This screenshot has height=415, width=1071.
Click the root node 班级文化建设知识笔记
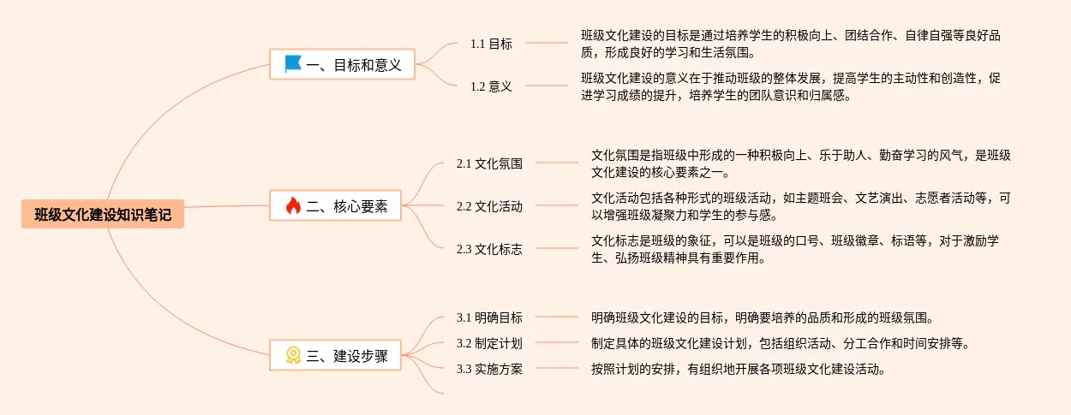pyautogui.click(x=103, y=214)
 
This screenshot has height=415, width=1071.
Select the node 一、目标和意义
pyautogui.click(x=343, y=64)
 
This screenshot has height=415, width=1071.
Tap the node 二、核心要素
pyautogui.click(x=336, y=205)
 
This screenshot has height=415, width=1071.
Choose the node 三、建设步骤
pyautogui.click(x=336, y=355)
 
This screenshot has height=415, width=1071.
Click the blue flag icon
pyautogui.click(x=293, y=64)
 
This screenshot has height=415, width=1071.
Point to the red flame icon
pyautogui.click(x=293, y=205)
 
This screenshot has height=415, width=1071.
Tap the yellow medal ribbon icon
pyautogui.click(x=293, y=355)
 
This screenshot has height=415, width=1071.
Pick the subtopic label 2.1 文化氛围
pyautogui.click(x=489, y=163)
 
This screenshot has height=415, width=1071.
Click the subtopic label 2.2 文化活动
pyautogui.click(x=489, y=205)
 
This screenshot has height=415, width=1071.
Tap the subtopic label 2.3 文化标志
pyautogui.click(x=489, y=249)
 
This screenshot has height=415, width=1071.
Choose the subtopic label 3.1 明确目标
pyautogui.click(x=489, y=317)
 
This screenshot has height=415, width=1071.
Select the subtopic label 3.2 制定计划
pyautogui.click(x=489, y=343)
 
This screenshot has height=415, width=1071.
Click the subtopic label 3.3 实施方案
pyautogui.click(x=489, y=369)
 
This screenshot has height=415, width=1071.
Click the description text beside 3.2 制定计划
pyautogui.click(x=780, y=343)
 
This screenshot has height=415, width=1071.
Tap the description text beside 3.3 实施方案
pyautogui.click(x=737, y=369)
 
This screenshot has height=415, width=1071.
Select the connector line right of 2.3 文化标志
pyautogui.click(x=557, y=249)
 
